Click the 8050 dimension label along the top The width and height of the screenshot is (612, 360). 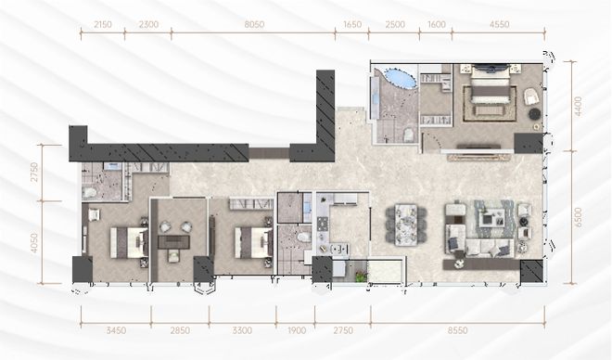254,25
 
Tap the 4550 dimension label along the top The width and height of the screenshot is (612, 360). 499,25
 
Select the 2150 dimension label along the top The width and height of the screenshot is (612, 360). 103,25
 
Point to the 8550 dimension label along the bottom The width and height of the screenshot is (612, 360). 457,330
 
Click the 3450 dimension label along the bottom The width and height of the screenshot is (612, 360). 116,330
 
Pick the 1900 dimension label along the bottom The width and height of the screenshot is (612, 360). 297,330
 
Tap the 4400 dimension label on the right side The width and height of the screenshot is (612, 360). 578,106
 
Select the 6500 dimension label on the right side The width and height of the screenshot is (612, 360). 578,217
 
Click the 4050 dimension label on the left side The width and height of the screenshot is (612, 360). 34,243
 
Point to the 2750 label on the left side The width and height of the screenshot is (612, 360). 34,173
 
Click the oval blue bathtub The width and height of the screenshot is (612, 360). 400,77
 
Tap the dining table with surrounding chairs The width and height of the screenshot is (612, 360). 406,225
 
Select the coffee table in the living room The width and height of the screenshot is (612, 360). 491,218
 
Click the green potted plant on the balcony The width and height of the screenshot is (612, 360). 362,276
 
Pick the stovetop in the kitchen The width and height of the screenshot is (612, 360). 324,224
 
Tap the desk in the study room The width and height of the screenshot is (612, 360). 173,241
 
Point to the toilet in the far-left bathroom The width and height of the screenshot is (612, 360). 90,192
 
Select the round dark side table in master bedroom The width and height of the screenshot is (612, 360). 534,113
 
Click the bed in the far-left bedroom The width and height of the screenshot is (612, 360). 129,242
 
